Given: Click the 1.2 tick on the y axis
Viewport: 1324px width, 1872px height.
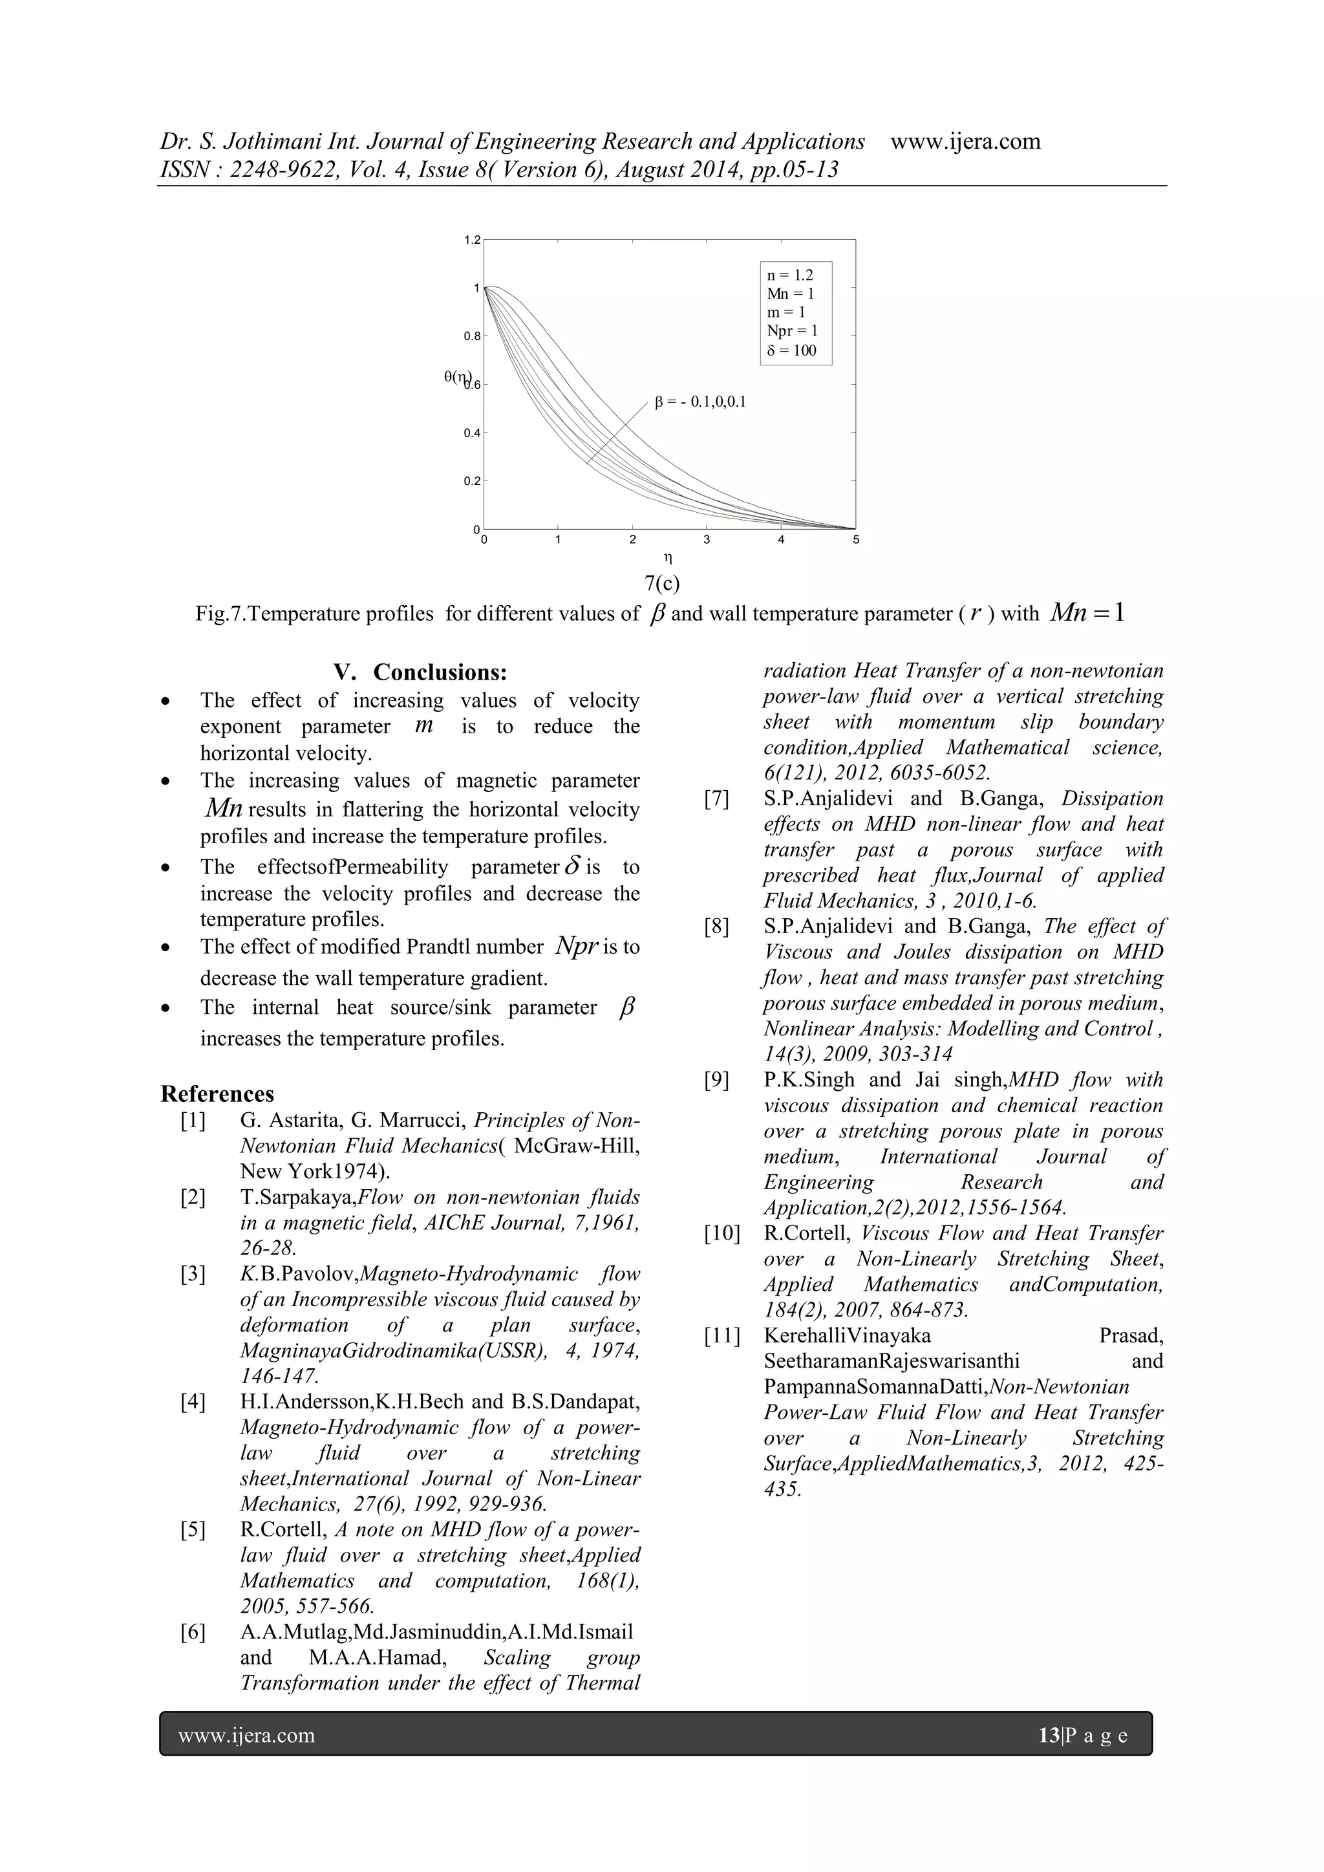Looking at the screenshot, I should point(472,240).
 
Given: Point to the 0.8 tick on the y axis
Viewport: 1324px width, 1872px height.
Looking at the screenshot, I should point(472,336).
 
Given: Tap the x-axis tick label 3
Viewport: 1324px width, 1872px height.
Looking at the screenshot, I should point(707,540).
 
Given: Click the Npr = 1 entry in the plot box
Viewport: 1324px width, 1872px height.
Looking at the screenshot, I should point(792,331).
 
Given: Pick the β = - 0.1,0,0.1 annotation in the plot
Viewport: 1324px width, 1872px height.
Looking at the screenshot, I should point(700,402).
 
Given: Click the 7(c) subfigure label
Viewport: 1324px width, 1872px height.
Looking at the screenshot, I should point(662,583).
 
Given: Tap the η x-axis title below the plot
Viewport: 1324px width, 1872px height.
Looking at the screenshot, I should point(668,559).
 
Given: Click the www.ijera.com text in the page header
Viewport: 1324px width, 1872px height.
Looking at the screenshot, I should point(965,141).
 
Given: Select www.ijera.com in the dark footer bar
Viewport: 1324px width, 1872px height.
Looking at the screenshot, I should point(246,1735).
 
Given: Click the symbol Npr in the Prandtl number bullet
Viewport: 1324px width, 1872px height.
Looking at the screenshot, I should point(577,946).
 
